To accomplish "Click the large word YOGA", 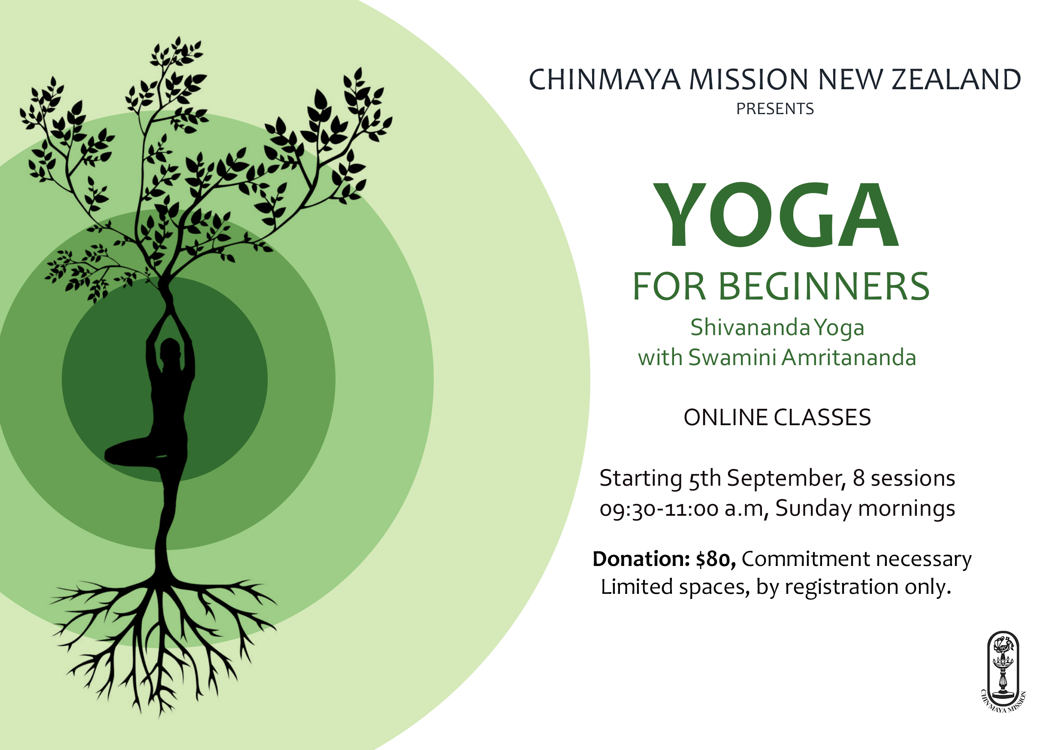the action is click(776, 215).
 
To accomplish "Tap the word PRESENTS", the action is click(775, 109).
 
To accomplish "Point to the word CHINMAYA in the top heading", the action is click(605, 79).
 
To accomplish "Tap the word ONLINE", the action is click(725, 417).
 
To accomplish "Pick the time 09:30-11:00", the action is click(659, 509).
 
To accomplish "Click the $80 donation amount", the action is click(716, 559).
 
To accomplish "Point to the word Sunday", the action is click(814, 509).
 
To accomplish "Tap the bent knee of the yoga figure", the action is click(111, 454).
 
